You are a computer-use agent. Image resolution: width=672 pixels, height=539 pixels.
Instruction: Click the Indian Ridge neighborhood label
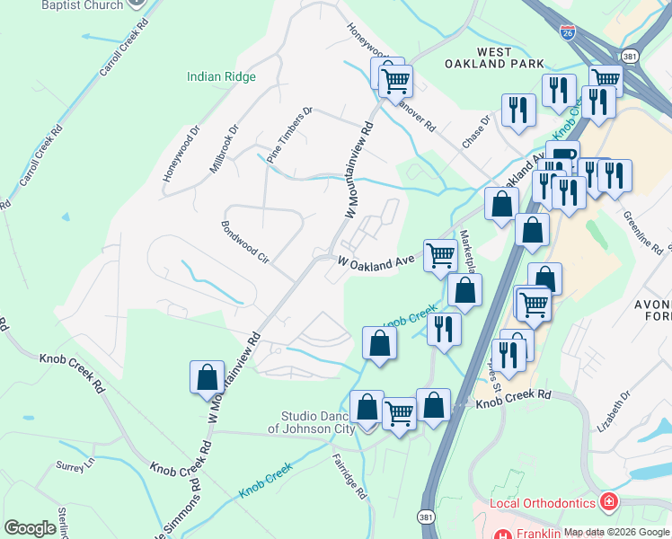coord(221,77)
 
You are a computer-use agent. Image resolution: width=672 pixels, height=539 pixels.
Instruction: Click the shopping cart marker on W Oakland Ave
coord(439,255)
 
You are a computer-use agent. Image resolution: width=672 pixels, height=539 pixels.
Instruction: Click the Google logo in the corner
coord(31,528)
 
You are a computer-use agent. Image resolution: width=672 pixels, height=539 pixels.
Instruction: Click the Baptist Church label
coord(83,5)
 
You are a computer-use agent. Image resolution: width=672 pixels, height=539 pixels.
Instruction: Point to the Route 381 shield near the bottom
coord(425,517)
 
